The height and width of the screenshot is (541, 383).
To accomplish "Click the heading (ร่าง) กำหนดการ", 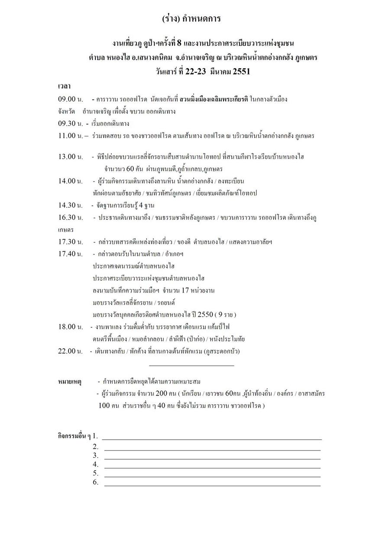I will point(191,19).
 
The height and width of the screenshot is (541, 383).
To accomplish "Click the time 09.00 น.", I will point(70,100).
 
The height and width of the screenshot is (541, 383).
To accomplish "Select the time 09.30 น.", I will point(70,124).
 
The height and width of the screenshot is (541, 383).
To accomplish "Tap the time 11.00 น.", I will point(71,136).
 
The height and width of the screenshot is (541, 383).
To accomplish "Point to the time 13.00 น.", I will point(70,157).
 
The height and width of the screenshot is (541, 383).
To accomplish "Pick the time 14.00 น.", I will point(70,181).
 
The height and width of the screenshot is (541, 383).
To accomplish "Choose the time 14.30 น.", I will point(70,205).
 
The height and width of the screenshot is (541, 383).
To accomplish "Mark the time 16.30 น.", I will point(70,217).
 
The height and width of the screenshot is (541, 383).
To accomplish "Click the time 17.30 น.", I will point(70,242).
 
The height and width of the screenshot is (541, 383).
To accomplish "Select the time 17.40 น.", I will point(70,254).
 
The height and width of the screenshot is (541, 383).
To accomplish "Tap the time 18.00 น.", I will point(70,327).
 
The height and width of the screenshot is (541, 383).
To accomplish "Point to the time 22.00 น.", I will point(70,351).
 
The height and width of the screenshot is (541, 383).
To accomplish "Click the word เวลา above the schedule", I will point(65,87).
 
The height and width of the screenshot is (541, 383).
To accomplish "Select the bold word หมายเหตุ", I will point(70,382).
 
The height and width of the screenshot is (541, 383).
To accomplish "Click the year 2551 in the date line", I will point(241,72).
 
